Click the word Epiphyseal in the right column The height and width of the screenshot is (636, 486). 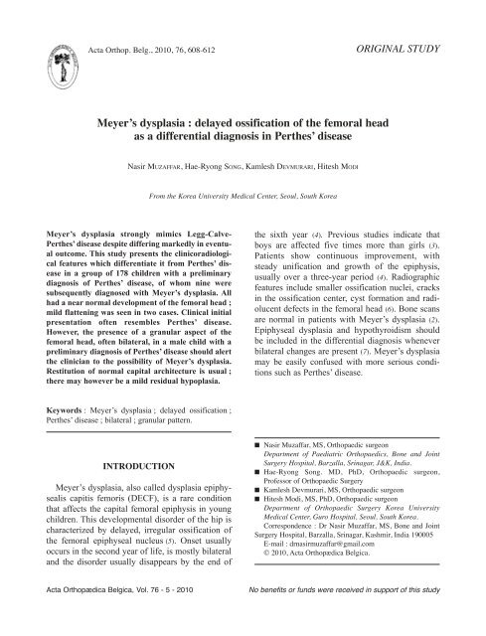(x=277, y=337)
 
